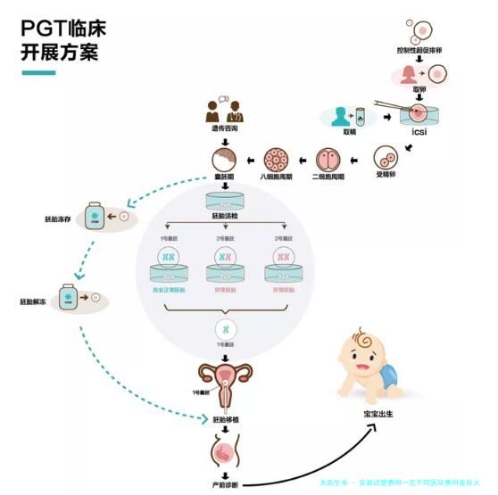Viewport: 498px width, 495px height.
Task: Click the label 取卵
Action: click(x=419, y=89)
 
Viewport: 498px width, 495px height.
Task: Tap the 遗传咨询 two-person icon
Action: click(x=225, y=112)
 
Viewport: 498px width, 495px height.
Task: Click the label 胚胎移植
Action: click(x=224, y=417)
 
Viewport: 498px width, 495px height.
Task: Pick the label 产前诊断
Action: click(x=224, y=484)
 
